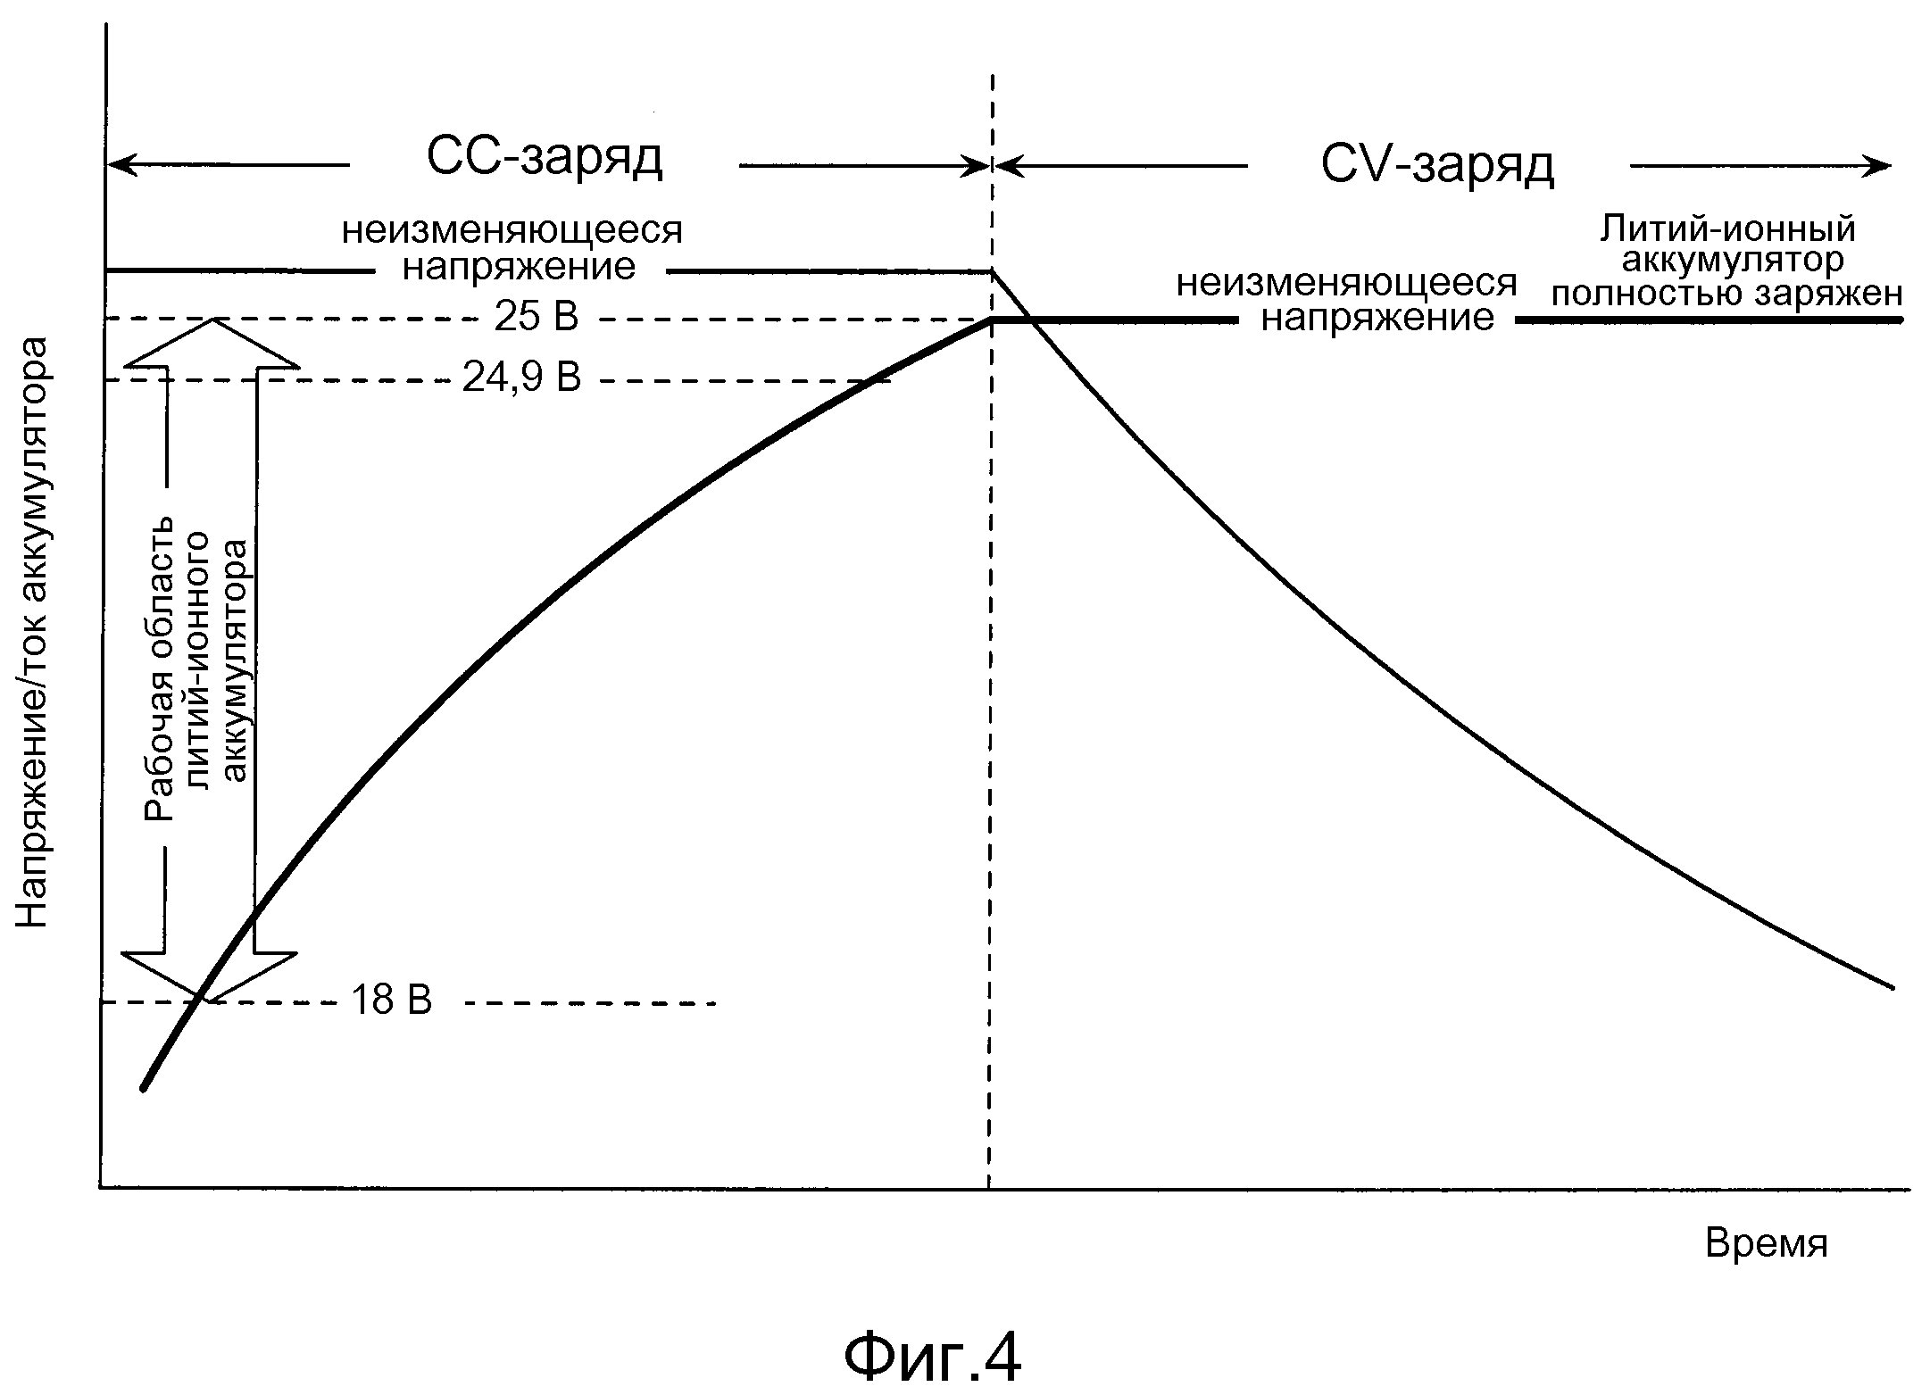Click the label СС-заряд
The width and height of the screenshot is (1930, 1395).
(x=545, y=159)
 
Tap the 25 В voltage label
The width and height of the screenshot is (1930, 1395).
(x=537, y=317)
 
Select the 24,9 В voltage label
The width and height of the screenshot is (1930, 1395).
(x=522, y=378)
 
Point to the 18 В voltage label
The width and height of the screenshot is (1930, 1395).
(x=391, y=1001)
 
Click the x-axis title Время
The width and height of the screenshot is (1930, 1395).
(x=1766, y=1243)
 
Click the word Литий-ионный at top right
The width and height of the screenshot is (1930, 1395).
(x=1727, y=229)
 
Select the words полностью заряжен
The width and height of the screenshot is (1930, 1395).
(x=1727, y=294)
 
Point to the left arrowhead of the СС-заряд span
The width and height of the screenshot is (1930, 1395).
(x=116, y=164)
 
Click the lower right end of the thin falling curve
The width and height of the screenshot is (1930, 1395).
(x=1892, y=987)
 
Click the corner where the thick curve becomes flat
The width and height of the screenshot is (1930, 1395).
(x=991, y=320)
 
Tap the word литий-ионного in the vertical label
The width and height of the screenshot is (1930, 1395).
(x=198, y=660)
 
